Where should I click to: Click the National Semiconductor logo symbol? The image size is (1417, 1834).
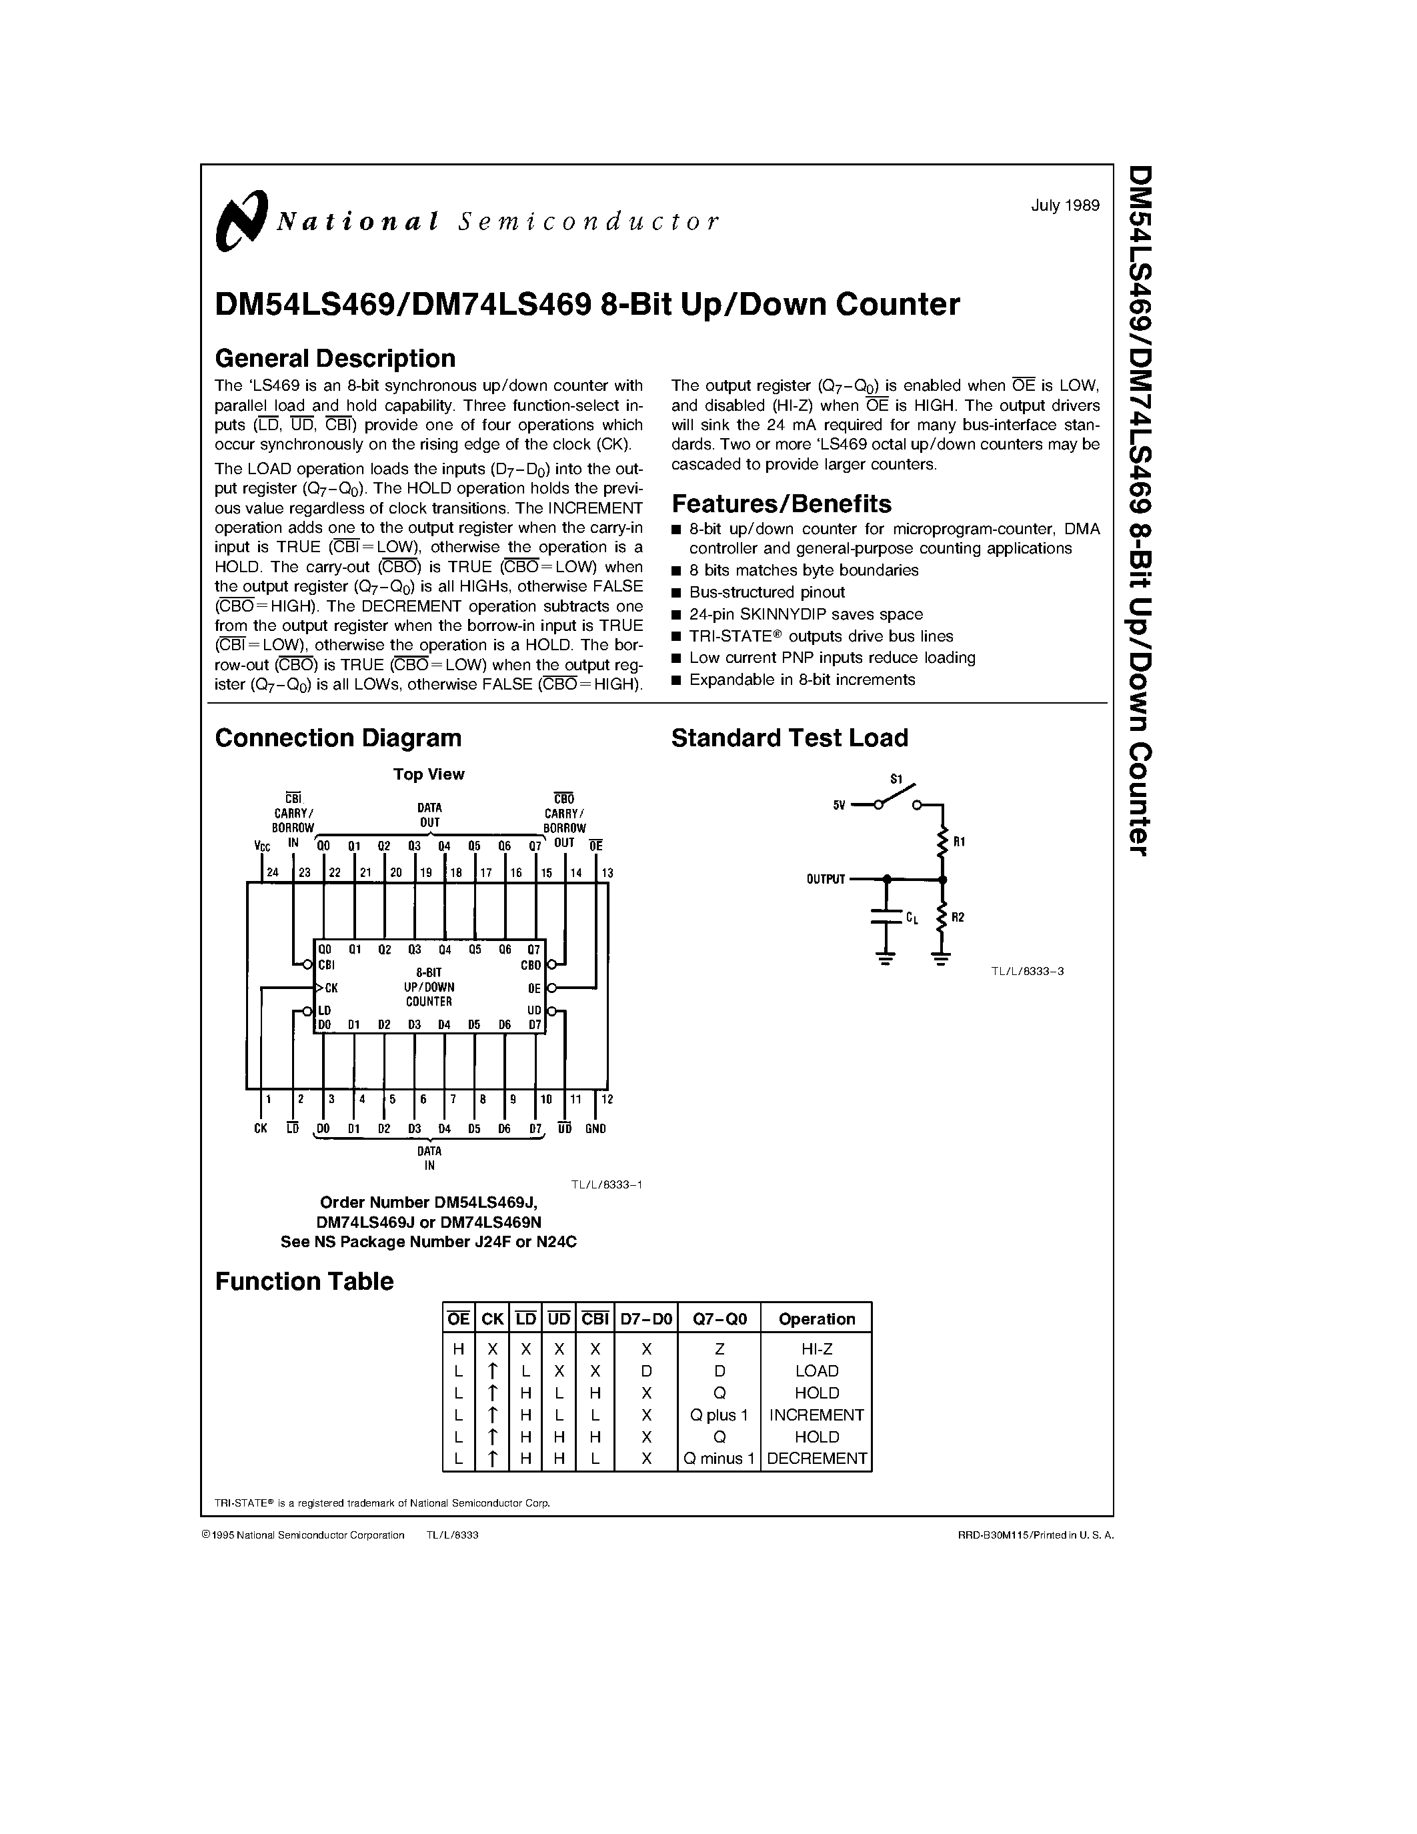coord(241,220)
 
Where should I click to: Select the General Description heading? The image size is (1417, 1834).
coord(335,359)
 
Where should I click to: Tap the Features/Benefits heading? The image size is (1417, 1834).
coord(781,504)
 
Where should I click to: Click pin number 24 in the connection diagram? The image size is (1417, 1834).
coord(272,872)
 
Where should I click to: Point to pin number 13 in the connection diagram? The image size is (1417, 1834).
coord(607,872)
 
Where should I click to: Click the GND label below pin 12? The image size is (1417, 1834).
coord(595,1128)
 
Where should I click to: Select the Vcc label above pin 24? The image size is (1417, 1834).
coord(262,846)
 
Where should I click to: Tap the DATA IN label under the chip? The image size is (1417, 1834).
coord(429,1158)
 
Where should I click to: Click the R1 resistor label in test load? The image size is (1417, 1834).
coord(960,842)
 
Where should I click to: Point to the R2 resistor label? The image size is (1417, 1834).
coord(959,917)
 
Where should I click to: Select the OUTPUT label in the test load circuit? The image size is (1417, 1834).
coord(825,879)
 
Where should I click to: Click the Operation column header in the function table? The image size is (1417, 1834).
coord(816,1319)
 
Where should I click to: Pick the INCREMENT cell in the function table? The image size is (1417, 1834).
coord(816,1415)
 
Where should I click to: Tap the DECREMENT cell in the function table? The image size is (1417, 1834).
coord(816,1459)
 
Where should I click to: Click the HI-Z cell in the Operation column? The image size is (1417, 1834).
coord(816,1349)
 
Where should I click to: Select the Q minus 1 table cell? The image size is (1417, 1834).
coord(720,1459)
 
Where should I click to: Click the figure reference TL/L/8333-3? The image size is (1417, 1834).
coord(1027,972)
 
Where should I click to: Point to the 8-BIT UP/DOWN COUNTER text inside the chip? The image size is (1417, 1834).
coord(429,987)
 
